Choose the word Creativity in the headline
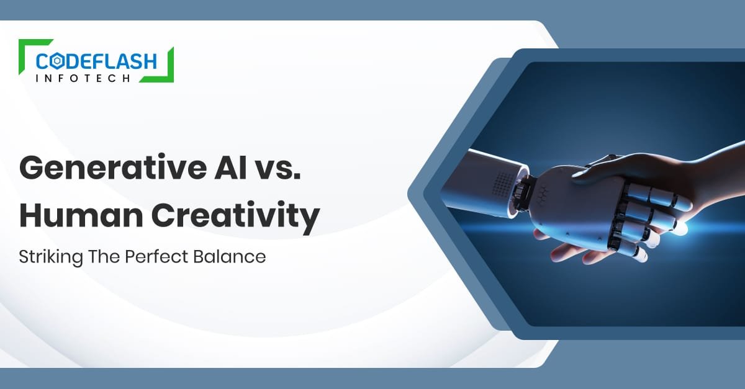pos(231,216)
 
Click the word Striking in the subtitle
pos(46,256)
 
